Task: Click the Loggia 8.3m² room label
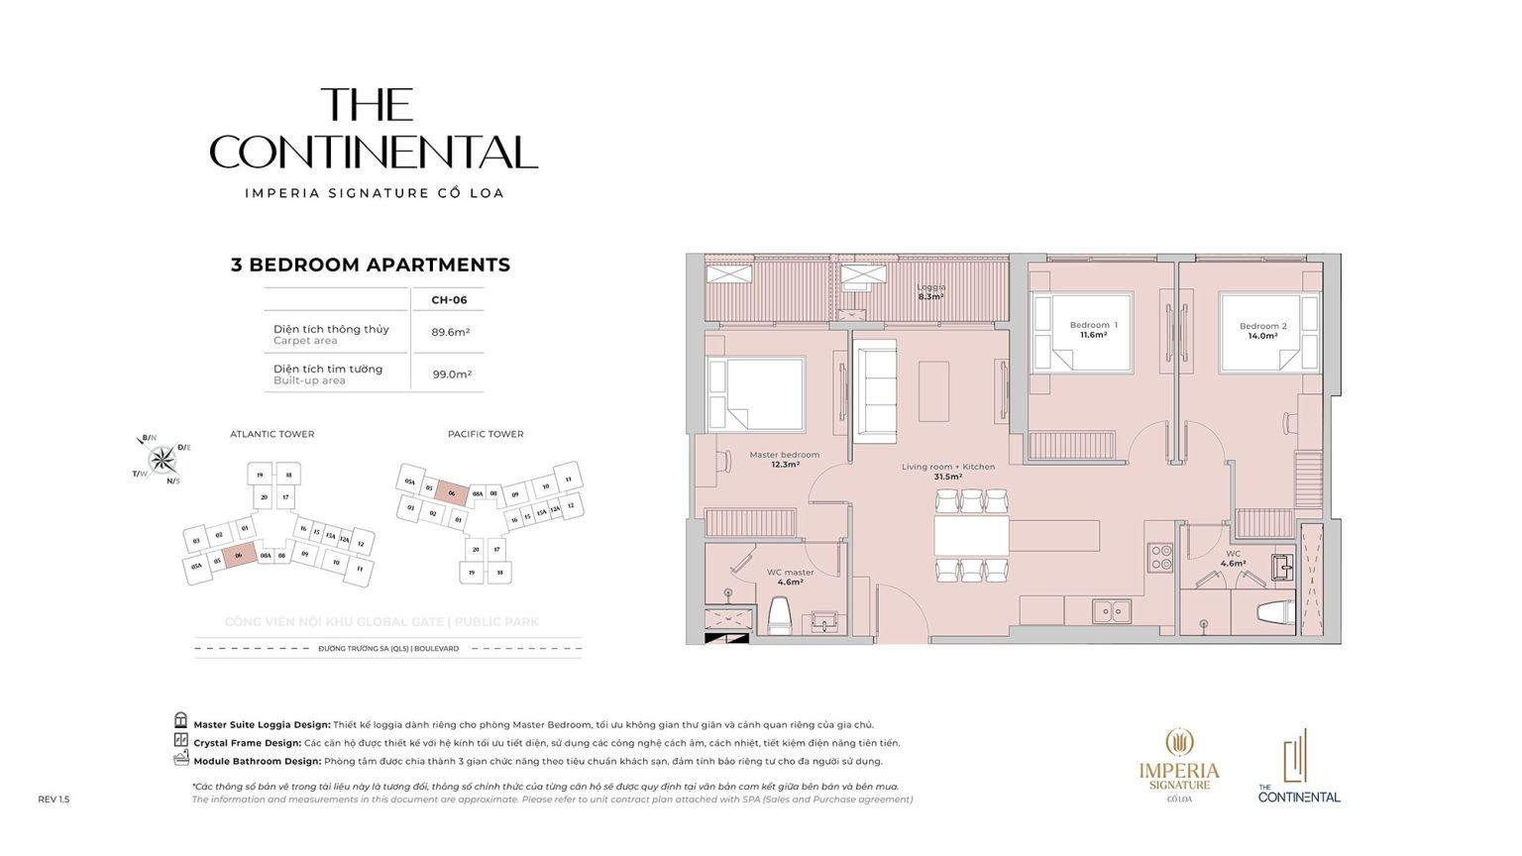coord(930,292)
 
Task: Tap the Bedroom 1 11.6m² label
coord(1093,330)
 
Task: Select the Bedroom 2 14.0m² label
coord(1262,331)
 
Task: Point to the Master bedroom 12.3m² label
coord(784,460)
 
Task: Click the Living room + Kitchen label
coord(947,472)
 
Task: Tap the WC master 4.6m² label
coord(790,577)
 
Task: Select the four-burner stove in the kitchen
coord(1159,557)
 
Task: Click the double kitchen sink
coord(1111,611)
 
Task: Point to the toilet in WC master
coord(780,615)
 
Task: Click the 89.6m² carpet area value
coord(450,333)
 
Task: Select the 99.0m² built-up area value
coord(452,374)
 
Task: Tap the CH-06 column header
coord(449,300)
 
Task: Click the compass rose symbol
coord(162,459)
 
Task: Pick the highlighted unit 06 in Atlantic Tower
coord(239,556)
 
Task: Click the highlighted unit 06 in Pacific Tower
coord(452,492)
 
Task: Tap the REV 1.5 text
coord(54,799)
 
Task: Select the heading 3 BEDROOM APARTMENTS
coord(370,265)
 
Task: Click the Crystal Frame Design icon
coord(180,740)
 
